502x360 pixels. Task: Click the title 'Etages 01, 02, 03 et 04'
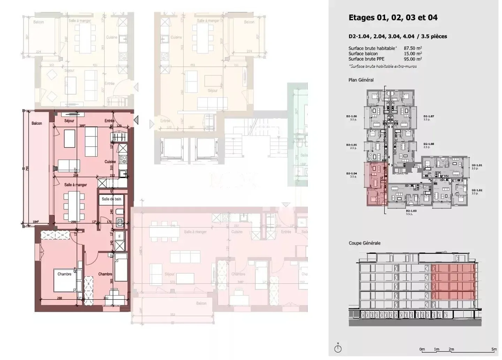point(393,18)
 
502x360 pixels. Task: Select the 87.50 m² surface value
point(413,48)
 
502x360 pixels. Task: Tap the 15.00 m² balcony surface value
point(413,54)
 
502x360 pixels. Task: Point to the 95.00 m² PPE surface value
point(413,59)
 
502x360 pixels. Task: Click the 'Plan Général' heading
point(361,80)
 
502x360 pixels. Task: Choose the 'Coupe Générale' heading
point(364,243)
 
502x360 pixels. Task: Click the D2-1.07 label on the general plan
point(428,117)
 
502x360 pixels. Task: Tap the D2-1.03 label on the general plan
point(411,211)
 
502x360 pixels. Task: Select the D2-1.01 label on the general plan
point(477,165)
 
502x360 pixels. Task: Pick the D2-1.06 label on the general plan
point(351,117)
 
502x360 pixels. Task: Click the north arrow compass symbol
point(337,348)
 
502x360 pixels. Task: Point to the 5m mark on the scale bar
point(494,349)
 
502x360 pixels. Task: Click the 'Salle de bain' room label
point(111,199)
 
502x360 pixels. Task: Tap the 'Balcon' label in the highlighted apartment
point(37,123)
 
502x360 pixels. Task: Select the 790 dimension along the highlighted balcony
point(27,168)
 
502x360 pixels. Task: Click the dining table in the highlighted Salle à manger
point(74,207)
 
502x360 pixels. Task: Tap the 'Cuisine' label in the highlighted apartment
point(110,162)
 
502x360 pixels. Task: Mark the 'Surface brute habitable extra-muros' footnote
point(382,66)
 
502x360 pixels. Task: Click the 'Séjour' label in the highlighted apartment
point(69,121)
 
